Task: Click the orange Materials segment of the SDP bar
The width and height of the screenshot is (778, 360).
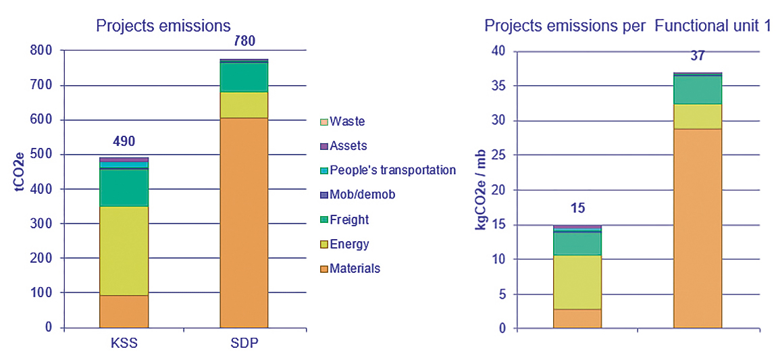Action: pyautogui.click(x=244, y=223)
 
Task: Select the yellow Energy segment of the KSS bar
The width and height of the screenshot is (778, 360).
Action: pyautogui.click(x=124, y=251)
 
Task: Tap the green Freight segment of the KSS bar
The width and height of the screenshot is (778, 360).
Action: pyautogui.click(x=124, y=188)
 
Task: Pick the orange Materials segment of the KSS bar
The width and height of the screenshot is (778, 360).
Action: pyautogui.click(x=124, y=311)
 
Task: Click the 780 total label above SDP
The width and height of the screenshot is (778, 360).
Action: pyautogui.click(x=244, y=41)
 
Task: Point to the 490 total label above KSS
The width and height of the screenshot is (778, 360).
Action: pyautogui.click(x=124, y=141)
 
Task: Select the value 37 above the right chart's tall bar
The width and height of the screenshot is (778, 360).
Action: pyautogui.click(x=698, y=55)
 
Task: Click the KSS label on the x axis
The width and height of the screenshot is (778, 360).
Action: pyautogui.click(x=124, y=342)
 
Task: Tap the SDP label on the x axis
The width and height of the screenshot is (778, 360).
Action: pyautogui.click(x=244, y=342)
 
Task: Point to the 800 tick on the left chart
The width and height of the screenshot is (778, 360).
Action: pyautogui.click(x=41, y=51)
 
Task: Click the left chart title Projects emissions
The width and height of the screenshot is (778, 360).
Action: pyautogui.click(x=163, y=26)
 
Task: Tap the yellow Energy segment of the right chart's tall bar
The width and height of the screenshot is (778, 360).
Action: pyautogui.click(x=698, y=116)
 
